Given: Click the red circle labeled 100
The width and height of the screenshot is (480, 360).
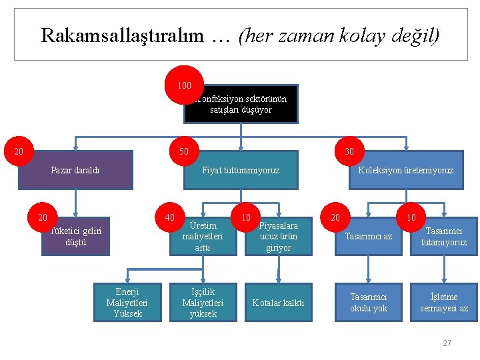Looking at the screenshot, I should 184,85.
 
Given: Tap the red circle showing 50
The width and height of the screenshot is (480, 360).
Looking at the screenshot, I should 184,151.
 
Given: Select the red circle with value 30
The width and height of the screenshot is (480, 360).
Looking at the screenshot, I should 349,152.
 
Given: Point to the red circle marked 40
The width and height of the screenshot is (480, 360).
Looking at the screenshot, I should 169,217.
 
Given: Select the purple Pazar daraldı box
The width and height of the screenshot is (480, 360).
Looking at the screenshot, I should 75,171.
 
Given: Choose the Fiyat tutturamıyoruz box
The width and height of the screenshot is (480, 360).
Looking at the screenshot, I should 241,171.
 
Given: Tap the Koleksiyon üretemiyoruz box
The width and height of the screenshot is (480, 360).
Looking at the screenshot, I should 405,171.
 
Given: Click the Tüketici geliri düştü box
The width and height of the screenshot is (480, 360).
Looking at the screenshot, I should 75,237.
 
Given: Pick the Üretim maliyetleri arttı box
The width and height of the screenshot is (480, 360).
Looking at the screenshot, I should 203,237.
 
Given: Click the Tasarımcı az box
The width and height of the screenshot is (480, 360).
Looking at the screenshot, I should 369,237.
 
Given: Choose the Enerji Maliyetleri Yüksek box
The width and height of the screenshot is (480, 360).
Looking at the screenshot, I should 127,303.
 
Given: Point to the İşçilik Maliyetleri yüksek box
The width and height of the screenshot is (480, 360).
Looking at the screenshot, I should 203,303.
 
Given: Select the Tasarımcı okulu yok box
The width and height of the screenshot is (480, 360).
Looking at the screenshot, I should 369,303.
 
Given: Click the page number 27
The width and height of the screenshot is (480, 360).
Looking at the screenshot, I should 447,343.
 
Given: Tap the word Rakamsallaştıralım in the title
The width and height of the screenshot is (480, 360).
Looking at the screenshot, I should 121,35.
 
